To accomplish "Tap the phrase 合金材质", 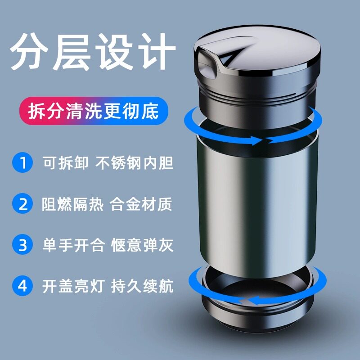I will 141,204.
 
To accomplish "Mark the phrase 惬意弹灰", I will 141,246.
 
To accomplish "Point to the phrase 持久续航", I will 141,287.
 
